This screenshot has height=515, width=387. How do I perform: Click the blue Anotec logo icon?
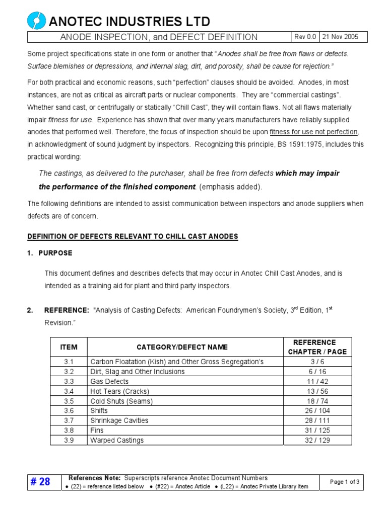pos(36,21)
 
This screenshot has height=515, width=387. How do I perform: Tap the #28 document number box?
pos(41,482)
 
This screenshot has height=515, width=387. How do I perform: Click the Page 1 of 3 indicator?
pos(345,482)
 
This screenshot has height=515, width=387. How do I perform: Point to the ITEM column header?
pos(69,347)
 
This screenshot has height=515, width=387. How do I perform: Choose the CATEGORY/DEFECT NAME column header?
pos(182,347)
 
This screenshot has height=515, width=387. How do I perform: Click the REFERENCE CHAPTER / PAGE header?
pos(317,347)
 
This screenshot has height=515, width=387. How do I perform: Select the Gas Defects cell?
pos(109,381)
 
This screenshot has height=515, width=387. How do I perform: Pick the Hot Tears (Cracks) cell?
pos(119,391)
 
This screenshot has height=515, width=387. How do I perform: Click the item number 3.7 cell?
pos(69,420)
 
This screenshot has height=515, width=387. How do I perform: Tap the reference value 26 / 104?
pos(317,411)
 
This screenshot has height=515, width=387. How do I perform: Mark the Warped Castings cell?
pos(117,440)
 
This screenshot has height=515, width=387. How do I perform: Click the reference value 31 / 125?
pos(317,431)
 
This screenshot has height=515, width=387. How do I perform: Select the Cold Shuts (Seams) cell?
pos(121,401)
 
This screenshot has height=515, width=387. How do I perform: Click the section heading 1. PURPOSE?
pos(50,253)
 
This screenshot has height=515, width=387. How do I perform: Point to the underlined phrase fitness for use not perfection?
pos(313,132)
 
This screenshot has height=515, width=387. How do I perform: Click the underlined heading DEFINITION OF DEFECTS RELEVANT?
pos(133,236)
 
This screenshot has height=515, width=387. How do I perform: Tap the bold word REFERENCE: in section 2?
pos(67,310)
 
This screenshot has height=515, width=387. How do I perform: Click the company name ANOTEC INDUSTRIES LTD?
pos(129,21)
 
